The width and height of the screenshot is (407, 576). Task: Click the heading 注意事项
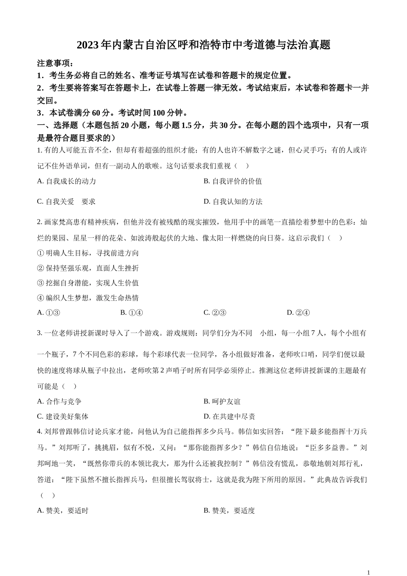56,63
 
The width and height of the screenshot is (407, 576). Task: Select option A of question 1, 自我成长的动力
66,181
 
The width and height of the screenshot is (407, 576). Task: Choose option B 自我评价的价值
233,181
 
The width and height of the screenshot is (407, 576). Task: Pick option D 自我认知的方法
233,202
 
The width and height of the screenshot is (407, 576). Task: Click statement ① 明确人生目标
88,253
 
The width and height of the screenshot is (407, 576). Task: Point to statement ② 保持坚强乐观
88,268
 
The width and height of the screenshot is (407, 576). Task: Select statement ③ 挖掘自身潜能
88,283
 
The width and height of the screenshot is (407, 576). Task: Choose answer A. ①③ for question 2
49,313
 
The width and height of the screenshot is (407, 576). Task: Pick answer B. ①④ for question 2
132,313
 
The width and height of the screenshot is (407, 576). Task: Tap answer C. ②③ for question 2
215,313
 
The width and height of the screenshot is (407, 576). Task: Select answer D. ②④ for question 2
298,313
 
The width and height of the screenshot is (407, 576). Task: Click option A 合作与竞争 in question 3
59,402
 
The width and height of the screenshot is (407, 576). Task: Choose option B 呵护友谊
222,402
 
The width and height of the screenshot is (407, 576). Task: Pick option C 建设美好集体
63,417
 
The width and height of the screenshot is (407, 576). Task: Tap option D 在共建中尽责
229,417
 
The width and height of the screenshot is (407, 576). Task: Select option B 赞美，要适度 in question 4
229,511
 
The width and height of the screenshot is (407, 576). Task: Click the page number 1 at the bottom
368,573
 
